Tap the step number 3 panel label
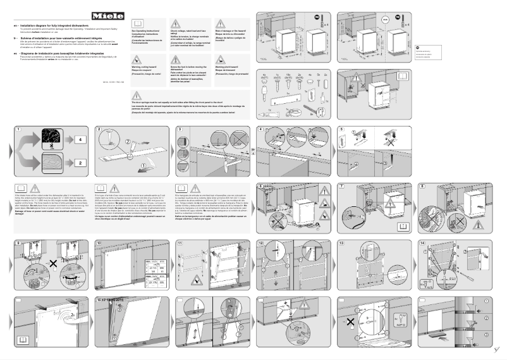tap(180, 130)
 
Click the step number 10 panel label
tap(99, 243)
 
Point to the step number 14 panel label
tap(422, 243)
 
